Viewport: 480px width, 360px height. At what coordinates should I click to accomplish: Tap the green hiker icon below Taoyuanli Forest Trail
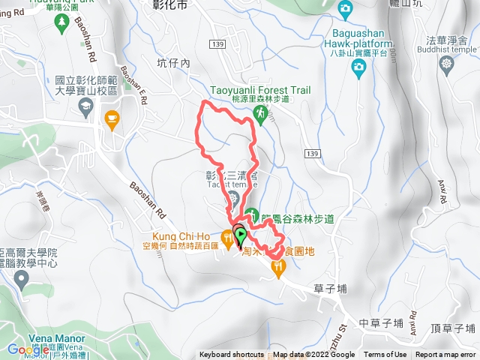click(x=260, y=113)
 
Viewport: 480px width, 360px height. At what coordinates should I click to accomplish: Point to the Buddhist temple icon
click(x=448, y=62)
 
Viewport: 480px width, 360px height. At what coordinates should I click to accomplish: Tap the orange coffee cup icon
click(x=112, y=118)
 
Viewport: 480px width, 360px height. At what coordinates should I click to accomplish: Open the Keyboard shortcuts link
click(x=232, y=355)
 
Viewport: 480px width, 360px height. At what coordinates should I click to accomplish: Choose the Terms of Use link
click(x=385, y=355)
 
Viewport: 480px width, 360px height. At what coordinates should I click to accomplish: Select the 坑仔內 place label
click(x=174, y=63)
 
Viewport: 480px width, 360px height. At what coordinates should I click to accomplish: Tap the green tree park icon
click(x=60, y=25)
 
